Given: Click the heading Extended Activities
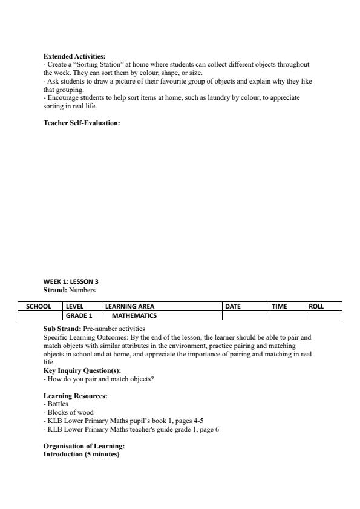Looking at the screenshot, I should [x=74, y=56].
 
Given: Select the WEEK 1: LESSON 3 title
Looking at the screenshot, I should [x=71, y=281].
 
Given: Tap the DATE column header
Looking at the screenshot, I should [x=233, y=306].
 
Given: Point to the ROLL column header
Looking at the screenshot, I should [x=316, y=306].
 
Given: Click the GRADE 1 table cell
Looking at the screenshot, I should [x=79, y=315].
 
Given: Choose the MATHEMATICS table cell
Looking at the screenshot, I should [x=134, y=315].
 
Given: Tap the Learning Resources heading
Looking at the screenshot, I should [x=75, y=396].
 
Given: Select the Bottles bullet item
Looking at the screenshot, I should [x=57, y=404].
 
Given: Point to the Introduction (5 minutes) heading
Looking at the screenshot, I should [x=82, y=455].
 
